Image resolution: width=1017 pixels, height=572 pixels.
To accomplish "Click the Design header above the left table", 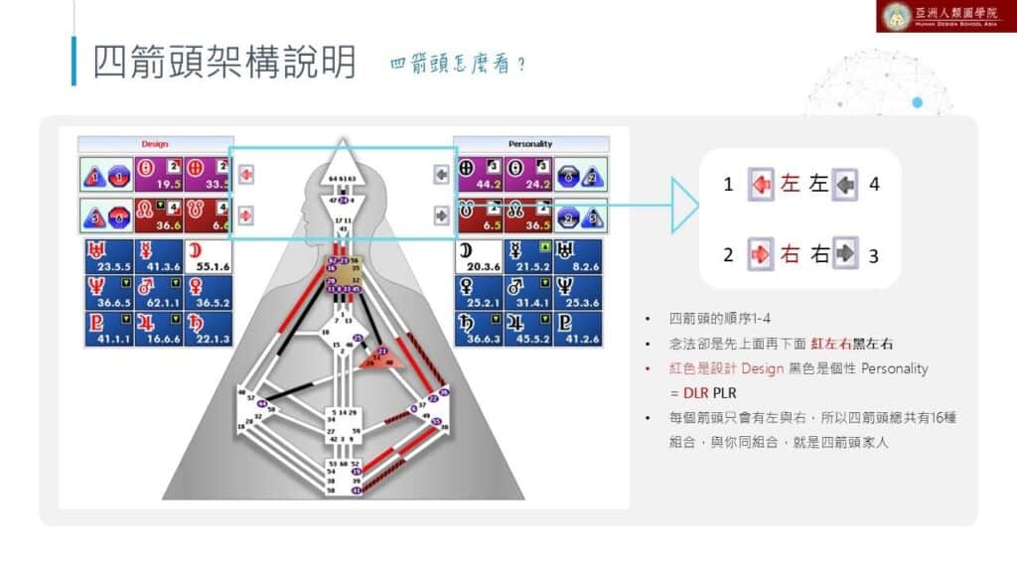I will point(155,144).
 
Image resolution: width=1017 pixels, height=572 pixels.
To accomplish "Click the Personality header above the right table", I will point(530,144).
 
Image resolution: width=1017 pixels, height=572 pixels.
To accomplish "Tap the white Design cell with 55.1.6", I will point(208,255).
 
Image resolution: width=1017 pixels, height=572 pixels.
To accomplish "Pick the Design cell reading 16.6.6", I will point(157,329).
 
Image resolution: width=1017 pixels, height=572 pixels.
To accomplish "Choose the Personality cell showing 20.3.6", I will point(480,255).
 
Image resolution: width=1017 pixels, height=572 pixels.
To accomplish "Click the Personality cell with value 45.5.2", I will point(530,329).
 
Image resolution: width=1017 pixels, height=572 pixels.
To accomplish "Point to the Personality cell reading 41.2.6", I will point(581,329).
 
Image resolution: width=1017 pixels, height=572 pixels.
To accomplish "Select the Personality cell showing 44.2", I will point(480,175).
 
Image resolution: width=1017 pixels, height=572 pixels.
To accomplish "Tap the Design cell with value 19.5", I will point(157,175).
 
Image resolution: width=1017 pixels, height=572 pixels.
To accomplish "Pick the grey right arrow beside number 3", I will point(846,254).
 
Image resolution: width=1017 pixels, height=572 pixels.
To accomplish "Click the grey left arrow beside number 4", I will point(846,184).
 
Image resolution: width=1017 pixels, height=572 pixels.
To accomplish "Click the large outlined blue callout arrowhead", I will point(686,206).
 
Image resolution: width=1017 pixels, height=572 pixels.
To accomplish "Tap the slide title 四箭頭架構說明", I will point(224,62).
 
